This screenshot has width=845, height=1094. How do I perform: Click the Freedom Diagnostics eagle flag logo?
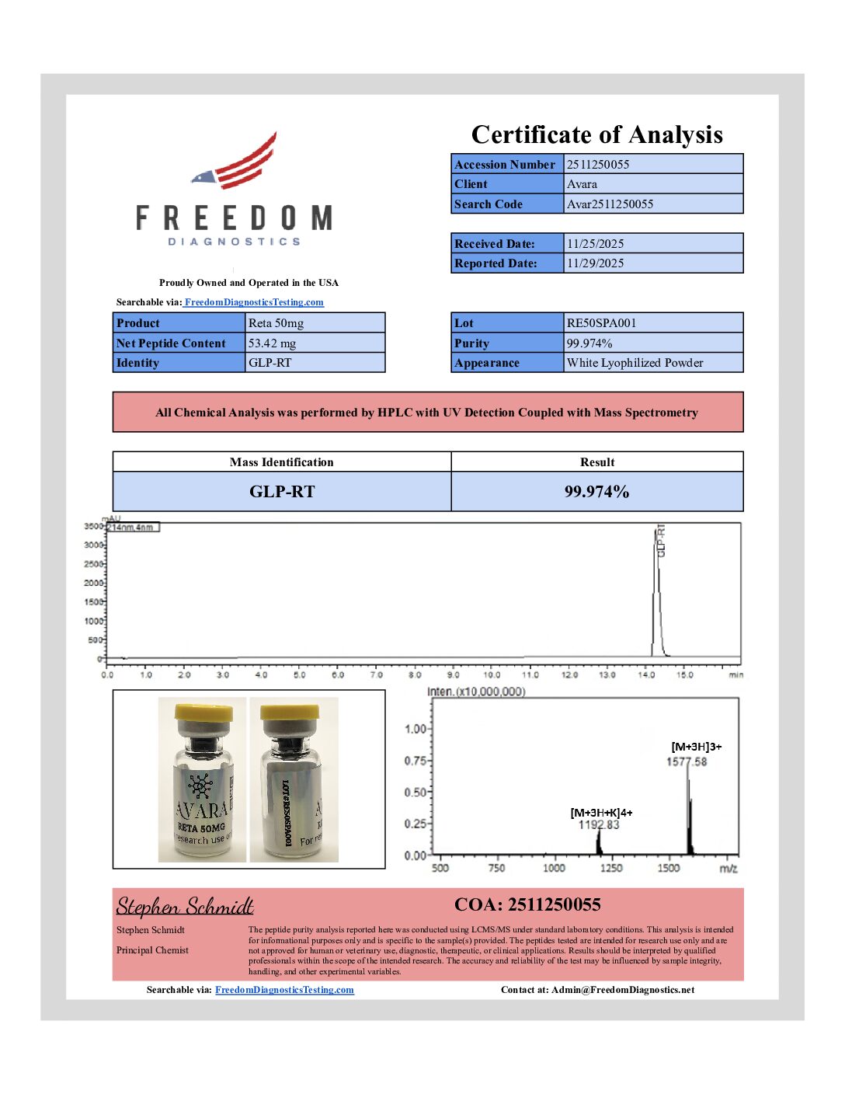237,162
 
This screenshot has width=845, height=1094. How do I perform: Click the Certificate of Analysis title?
596,134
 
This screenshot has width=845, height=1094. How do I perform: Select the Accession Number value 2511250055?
598,165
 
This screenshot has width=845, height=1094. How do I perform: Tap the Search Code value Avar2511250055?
610,204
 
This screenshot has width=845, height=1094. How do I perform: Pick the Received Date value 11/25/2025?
595,244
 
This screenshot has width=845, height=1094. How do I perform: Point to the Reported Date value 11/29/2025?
595,263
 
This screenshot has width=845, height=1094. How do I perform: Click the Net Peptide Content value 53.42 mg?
272,343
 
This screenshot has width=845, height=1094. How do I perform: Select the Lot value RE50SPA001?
601,323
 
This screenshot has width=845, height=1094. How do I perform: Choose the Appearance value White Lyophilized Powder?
635,363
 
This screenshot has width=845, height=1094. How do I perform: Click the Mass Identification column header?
281,462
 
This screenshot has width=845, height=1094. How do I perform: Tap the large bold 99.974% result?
596,492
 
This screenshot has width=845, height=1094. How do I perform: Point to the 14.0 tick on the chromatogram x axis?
646,675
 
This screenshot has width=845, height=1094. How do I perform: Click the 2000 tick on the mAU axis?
93,583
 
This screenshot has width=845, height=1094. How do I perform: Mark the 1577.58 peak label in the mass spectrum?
687,761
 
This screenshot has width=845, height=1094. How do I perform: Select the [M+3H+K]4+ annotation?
601,813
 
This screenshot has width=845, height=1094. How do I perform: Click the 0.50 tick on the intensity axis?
416,793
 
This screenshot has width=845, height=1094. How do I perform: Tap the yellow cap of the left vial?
203,712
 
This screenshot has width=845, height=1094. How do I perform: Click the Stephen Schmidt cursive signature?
185,907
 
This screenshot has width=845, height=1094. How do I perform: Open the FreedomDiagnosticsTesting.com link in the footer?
284,990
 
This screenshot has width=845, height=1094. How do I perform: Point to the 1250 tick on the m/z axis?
611,868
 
